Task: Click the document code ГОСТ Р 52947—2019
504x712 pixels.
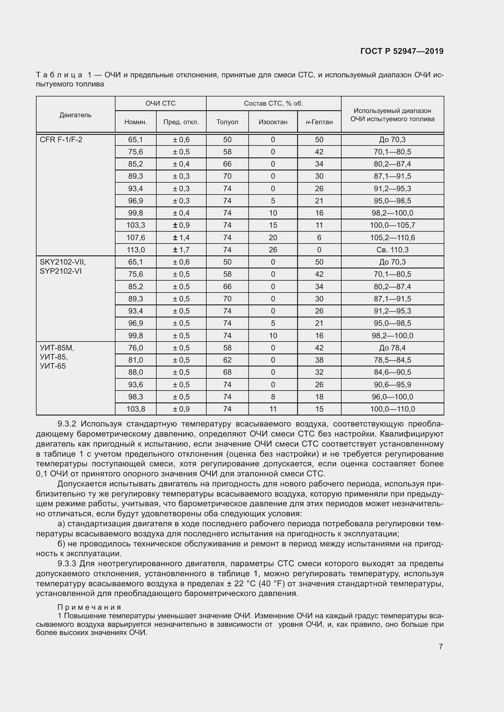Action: click(x=402, y=51)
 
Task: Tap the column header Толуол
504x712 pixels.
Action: click(x=227, y=122)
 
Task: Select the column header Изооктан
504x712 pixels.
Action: click(x=273, y=122)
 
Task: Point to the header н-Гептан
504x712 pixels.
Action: click(x=319, y=122)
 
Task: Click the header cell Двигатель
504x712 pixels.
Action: click(x=75, y=115)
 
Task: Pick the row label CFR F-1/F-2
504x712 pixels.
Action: click(x=61, y=140)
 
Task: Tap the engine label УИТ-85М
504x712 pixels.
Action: click(x=57, y=348)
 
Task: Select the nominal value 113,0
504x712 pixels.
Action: click(x=136, y=250)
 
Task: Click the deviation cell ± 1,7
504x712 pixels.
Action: click(x=181, y=250)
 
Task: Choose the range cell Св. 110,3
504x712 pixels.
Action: click(x=392, y=250)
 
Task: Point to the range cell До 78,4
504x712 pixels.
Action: click(x=392, y=348)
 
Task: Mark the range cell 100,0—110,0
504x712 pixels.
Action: click(x=392, y=409)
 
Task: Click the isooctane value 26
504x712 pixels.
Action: click(x=273, y=250)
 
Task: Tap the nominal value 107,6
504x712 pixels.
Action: click(x=136, y=238)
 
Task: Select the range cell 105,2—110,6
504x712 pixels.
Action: click(x=392, y=238)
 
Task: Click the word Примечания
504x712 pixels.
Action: click(x=89, y=607)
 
